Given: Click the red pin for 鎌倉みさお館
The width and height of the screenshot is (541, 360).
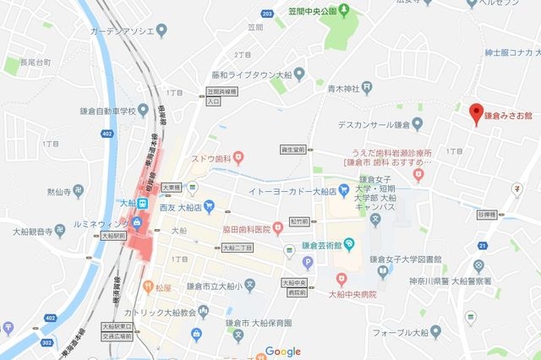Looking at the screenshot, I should click(x=476, y=112).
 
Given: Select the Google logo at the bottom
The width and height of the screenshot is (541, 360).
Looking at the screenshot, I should click(x=283, y=352).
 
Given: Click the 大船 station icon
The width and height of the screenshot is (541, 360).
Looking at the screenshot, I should click(x=145, y=204).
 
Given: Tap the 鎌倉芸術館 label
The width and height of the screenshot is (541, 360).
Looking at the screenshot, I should click(x=325, y=245).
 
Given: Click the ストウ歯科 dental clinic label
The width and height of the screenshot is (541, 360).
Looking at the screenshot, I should click(x=215, y=157).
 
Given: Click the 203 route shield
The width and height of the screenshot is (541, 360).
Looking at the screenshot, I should click(x=267, y=14).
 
